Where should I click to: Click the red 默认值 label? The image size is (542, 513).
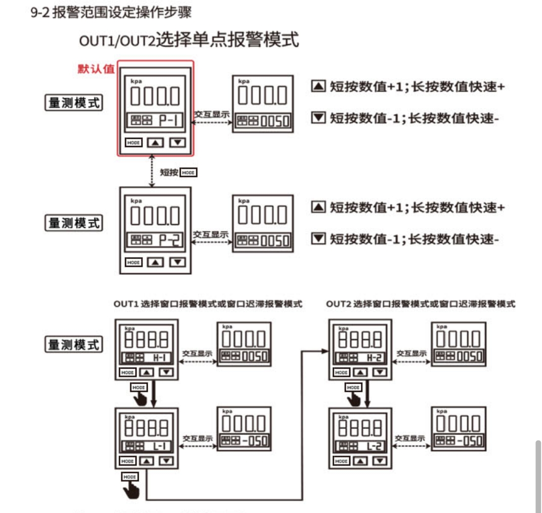pos(96,69)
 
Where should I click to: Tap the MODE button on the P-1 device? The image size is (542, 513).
pos(134,142)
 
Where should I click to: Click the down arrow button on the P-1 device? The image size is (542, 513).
pos(177,142)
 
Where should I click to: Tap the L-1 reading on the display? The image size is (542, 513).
pos(160,446)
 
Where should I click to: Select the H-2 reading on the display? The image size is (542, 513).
pos(374,358)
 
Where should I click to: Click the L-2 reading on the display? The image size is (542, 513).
pos(374,446)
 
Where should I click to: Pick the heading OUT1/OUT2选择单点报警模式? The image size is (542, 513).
pos(189,40)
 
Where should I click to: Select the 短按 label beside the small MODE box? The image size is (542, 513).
pos(170,173)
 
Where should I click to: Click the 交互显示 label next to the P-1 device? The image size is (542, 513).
pos(212,115)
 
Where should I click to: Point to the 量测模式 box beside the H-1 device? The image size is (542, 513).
pos(73,345)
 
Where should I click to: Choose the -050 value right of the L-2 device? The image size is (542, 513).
pos(466,441)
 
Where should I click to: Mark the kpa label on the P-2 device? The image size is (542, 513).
pos(136,201)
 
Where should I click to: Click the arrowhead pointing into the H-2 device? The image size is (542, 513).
pos(324,350)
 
